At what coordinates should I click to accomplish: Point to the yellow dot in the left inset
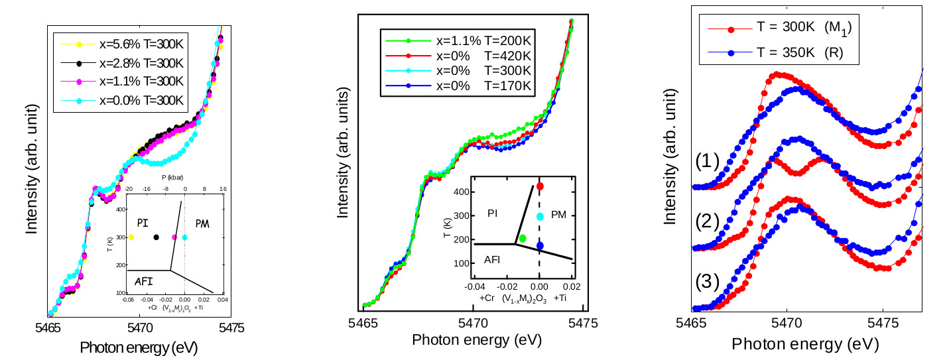(x=131, y=237)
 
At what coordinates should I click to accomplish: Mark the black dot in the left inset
(x=157, y=237)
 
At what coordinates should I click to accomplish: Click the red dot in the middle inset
(x=540, y=187)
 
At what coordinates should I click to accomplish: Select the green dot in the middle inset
(x=523, y=238)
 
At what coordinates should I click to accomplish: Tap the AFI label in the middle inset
(x=492, y=260)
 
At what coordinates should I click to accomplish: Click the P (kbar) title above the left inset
(x=171, y=178)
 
